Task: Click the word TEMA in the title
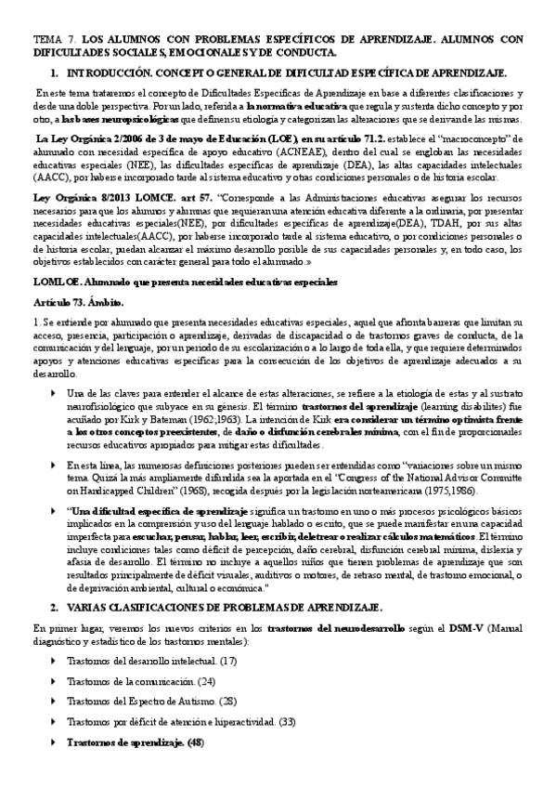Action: pyautogui.click(x=45, y=42)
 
